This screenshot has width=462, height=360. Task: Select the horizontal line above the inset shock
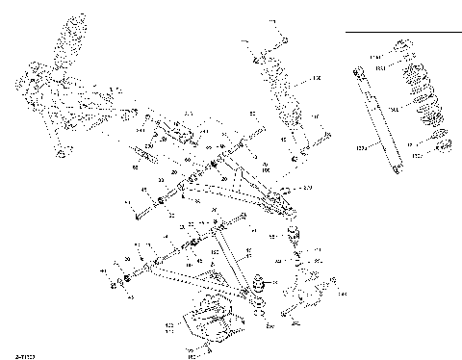pyautogui.click(x=401, y=31)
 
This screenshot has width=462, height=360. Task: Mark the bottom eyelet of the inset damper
pyautogui.click(x=398, y=169)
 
